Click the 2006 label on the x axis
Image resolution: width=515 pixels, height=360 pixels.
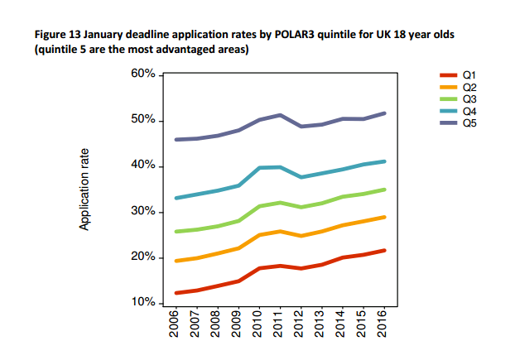174,324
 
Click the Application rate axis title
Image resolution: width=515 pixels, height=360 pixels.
84,190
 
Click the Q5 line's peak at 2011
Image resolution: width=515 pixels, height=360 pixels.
280,115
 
